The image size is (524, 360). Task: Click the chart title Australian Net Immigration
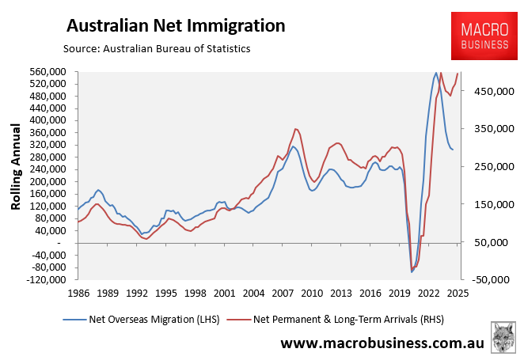click(175, 25)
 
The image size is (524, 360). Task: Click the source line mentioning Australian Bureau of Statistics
click(157, 49)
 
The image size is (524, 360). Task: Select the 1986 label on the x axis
click(78, 293)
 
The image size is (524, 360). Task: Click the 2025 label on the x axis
click(458, 293)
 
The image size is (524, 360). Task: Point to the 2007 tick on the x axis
click(282, 293)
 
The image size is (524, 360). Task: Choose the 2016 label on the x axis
click(370, 293)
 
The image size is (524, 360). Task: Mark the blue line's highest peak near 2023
click(435, 73)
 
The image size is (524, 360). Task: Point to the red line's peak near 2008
click(295, 128)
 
